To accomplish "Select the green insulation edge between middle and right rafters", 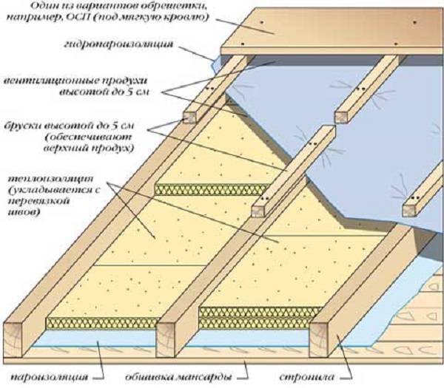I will point(252,311).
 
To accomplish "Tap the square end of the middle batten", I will point(260,208).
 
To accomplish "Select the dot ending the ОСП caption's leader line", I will point(260,30).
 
